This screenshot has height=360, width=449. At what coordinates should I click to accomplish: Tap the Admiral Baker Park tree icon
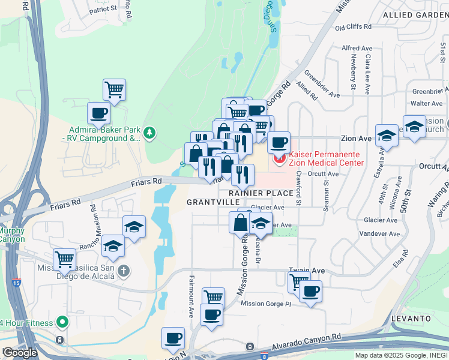point(150,133)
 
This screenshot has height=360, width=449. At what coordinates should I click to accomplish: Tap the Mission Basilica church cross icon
point(123,271)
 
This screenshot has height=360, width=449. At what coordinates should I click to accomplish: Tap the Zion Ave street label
point(357,138)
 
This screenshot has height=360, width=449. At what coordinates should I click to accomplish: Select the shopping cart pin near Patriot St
point(114,90)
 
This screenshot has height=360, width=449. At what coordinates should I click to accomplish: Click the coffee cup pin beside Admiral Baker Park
point(98,112)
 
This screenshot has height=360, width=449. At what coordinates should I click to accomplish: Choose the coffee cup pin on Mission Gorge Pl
point(310,292)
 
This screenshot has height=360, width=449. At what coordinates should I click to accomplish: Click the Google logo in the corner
point(19,353)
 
